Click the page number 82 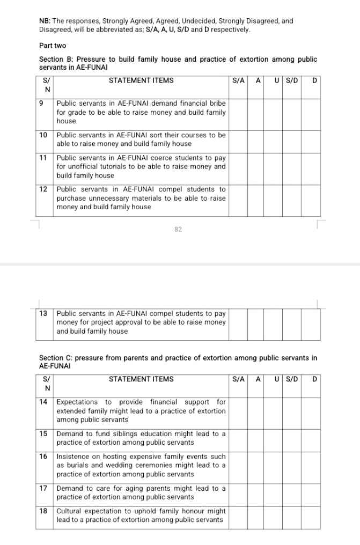[178, 229]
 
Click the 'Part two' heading [53, 46]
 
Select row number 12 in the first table [43, 189]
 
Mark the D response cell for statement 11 [311, 167]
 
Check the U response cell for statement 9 [274, 112]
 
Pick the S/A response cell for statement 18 [238, 516]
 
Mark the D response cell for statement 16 [311, 466]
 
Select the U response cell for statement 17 [274, 493]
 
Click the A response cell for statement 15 [256, 438]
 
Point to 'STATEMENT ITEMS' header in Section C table [141, 379]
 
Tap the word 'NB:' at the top [45, 21]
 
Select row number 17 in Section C [43, 489]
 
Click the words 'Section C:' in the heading [56, 358]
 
